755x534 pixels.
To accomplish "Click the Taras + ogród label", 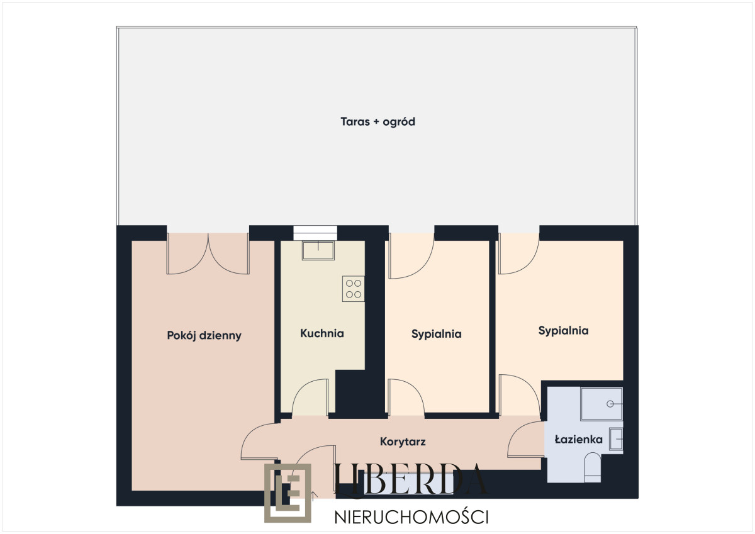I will [377, 122].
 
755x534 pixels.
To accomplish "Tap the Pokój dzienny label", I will [204, 335].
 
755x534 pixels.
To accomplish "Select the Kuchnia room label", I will [322, 333].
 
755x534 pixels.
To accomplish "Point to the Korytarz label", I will [403, 442].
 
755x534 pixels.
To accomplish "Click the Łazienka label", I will [579, 440].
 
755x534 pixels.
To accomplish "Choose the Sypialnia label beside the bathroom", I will [563, 330].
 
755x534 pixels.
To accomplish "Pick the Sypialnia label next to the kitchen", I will [436, 334].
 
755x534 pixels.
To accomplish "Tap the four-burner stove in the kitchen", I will [353, 288].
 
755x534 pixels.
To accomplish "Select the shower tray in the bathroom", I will [601, 404].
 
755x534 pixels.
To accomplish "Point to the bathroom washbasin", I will [616, 438].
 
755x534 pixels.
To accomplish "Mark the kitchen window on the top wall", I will [315, 230].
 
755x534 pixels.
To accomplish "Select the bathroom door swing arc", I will [525, 439].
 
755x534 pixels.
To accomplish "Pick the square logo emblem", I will [288, 492].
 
